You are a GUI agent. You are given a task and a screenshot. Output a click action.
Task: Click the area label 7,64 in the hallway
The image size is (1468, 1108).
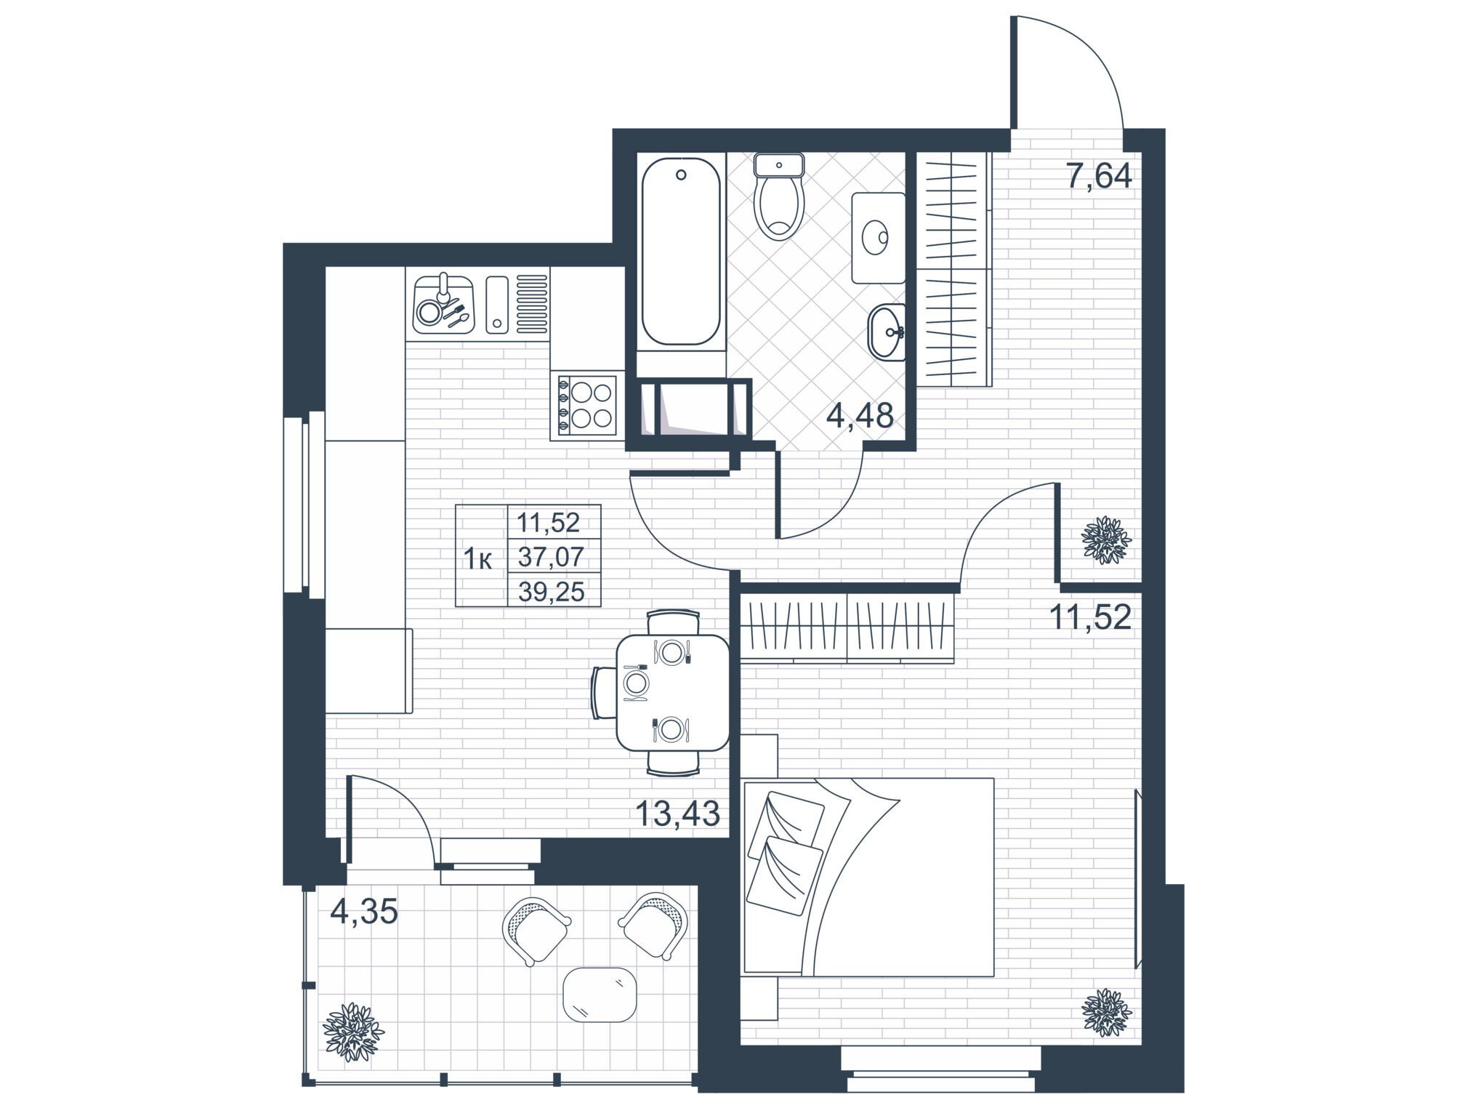pos(1098,176)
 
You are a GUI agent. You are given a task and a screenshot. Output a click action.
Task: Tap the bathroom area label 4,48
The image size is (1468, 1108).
pos(860,417)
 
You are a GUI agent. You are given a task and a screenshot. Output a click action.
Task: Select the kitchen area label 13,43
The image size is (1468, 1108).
pos(677,813)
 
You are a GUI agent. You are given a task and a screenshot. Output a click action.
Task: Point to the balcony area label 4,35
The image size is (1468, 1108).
pos(364,911)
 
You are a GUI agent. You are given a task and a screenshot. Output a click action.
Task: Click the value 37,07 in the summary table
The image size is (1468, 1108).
pos(551,557)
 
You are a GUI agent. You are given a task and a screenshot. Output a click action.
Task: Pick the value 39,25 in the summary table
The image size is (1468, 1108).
pos(551,592)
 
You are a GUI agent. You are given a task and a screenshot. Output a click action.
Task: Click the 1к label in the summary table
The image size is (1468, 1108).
pos(479,559)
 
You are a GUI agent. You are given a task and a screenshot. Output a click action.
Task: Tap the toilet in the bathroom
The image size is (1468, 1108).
pos(778,196)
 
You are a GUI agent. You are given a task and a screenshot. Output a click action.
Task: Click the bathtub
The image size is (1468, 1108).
pos(681,251)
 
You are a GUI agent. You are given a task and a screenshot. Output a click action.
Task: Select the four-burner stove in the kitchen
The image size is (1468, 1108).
pos(587,406)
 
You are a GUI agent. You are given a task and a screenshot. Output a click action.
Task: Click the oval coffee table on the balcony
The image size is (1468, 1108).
pos(600,994)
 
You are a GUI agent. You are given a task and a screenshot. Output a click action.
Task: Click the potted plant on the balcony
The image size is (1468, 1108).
pos(354,1032)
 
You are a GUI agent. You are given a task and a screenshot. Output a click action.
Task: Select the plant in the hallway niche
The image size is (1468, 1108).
pos(1107,539)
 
